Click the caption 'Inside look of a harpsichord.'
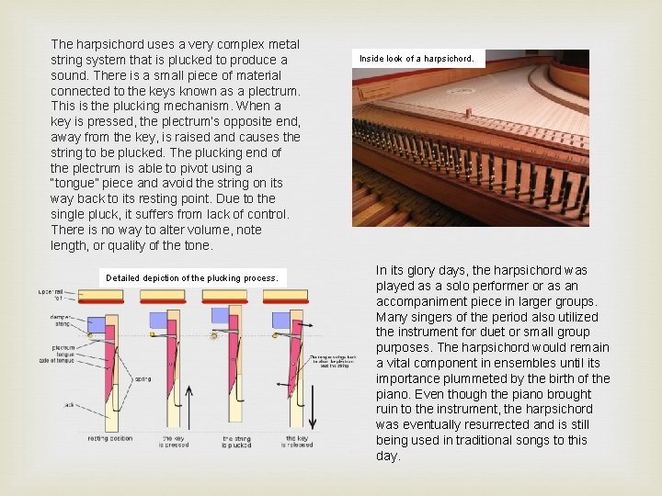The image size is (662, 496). click(x=417, y=59)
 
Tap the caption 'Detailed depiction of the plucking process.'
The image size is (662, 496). click(x=191, y=277)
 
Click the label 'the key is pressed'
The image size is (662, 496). click(x=175, y=442)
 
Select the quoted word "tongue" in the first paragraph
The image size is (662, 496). click(x=75, y=184)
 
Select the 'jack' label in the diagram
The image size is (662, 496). click(x=68, y=404)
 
